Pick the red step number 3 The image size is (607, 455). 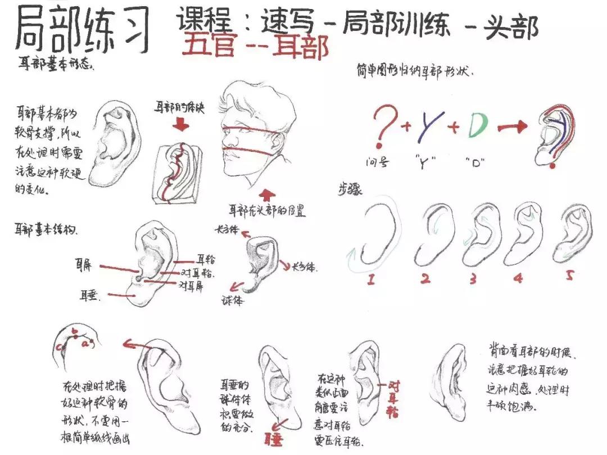tap(473, 278)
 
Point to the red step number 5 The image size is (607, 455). tap(569, 276)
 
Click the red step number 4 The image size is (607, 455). tap(517, 277)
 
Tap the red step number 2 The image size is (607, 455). tap(426, 278)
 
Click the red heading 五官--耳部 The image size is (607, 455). tap(255, 47)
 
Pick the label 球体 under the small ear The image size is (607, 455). tap(232, 300)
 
